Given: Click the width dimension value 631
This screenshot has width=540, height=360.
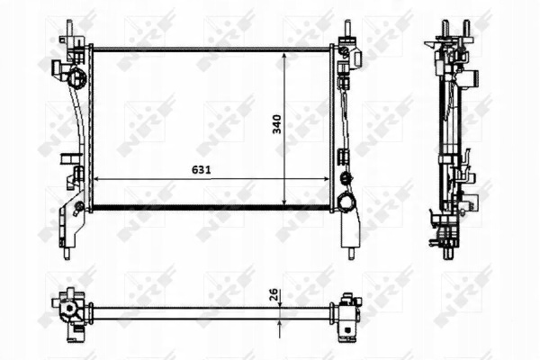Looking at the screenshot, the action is [201, 170].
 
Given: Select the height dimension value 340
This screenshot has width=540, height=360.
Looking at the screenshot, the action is [277, 124].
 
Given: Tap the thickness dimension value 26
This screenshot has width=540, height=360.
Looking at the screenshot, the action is [273, 294].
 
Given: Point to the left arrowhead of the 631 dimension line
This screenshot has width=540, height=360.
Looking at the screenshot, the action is [97, 179].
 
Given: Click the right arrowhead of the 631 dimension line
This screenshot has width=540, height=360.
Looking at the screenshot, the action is [326, 179].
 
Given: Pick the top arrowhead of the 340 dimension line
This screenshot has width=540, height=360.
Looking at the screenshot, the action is [284, 56].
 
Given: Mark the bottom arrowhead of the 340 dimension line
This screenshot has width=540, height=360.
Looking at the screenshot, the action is [284, 202].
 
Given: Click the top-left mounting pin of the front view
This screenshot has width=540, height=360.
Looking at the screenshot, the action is [69, 27].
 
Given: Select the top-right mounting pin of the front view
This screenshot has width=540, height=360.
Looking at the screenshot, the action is [347, 27].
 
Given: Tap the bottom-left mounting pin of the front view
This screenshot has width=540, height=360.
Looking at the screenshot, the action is [67, 253].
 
